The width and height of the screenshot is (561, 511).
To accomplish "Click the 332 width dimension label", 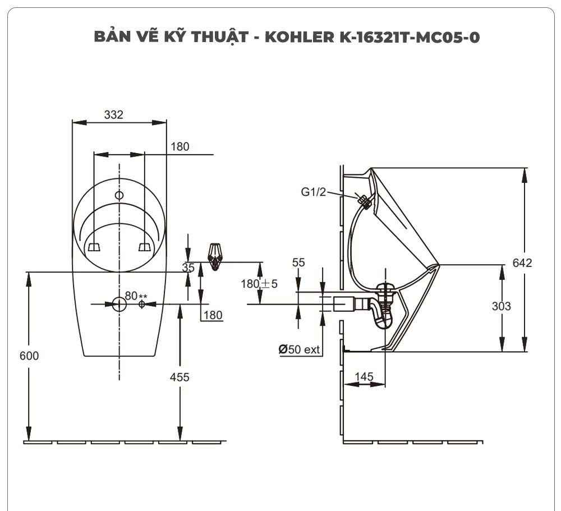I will (x=113, y=114).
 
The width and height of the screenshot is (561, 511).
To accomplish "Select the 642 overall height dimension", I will (x=522, y=263).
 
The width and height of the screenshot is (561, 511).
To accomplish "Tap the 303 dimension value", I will (x=501, y=306).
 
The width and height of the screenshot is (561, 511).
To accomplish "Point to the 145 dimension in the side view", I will (x=364, y=377).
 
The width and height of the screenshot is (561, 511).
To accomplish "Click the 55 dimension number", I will (x=298, y=263).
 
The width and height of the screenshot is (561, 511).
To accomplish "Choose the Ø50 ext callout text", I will (x=299, y=349).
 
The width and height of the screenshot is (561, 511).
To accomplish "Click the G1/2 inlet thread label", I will (x=313, y=192).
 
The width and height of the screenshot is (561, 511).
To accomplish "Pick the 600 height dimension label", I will (x=29, y=356).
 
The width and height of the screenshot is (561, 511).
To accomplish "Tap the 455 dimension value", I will (x=180, y=378).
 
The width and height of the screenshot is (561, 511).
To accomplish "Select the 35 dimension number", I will (x=188, y=268).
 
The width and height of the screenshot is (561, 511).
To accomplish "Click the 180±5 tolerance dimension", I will (x=259, y=284).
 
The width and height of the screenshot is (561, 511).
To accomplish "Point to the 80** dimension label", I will (x=135, y=295).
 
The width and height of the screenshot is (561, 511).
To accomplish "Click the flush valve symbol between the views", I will (x=214, y=256).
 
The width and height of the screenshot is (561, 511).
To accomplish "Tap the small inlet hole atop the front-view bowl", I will (x=119, y=195).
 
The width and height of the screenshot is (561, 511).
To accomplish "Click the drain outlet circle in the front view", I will (x=119, y=304).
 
